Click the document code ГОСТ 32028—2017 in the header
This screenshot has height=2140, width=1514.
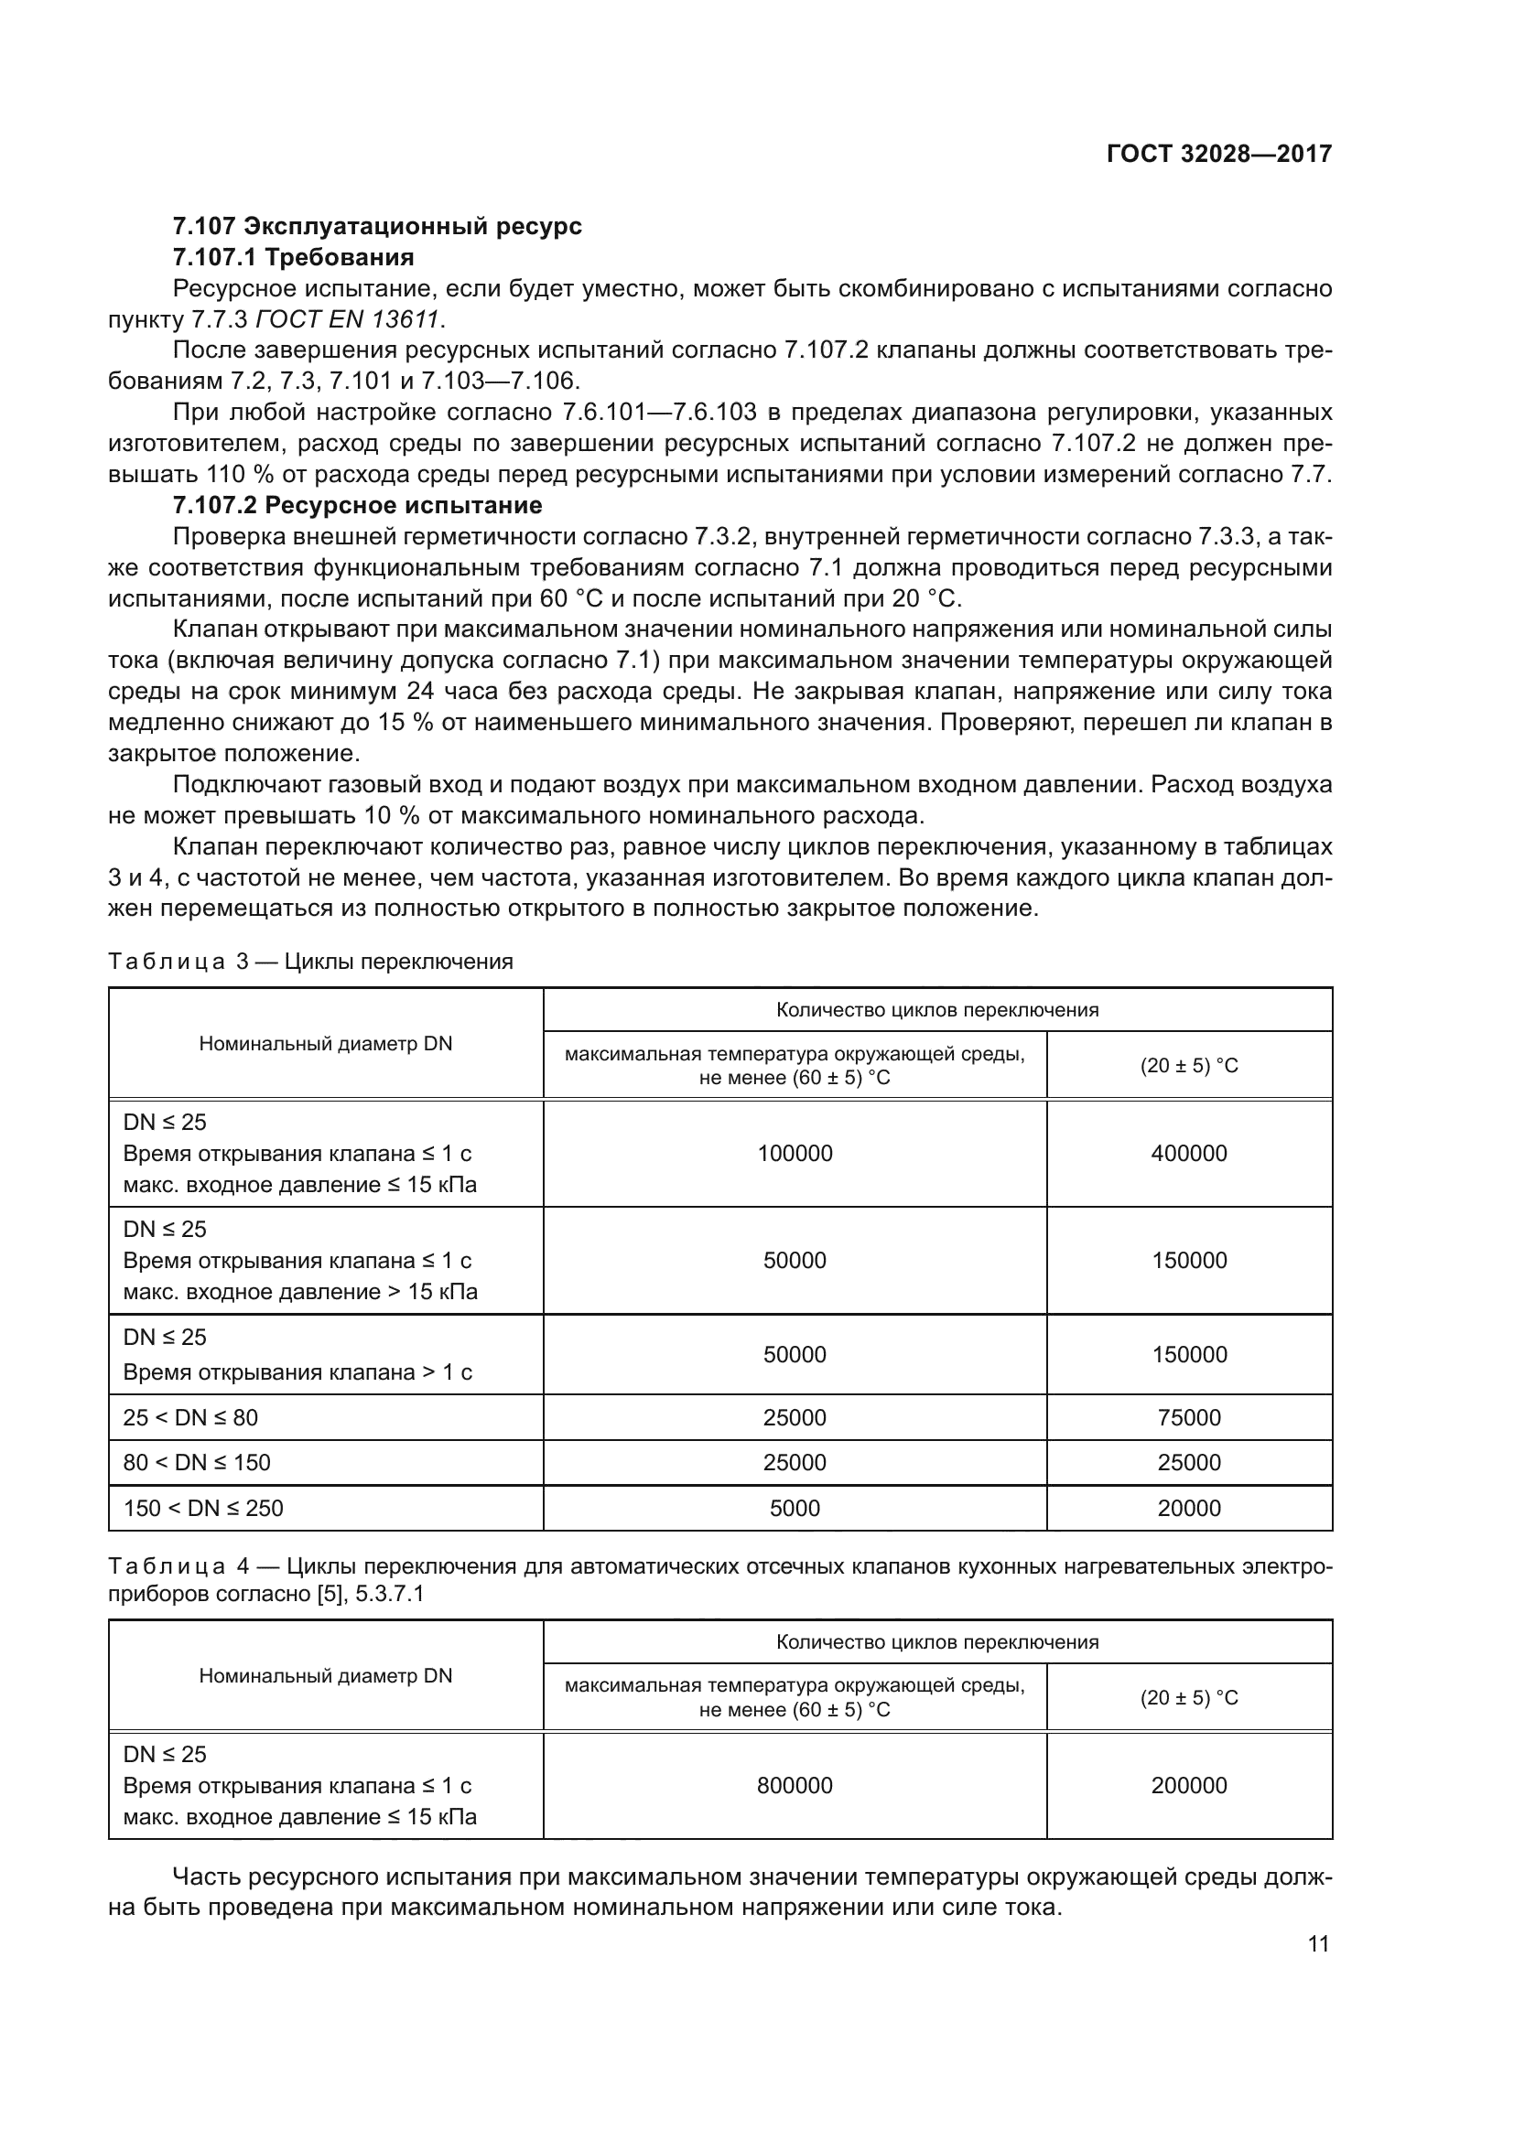click(x=1218, y=155)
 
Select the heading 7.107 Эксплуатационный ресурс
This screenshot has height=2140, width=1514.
click(x=376, y=226)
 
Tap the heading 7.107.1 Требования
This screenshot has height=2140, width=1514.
click(x=293, y=256)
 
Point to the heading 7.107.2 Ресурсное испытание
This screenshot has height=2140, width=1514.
click(x=357, y=505)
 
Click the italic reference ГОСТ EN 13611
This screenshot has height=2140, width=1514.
click(x=347, y=318)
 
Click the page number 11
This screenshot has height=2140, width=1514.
click(x=1318, y=1943)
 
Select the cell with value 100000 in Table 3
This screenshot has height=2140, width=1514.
click(x=795, y=1153)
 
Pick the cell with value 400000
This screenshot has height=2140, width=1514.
click(x=1189, y=1153)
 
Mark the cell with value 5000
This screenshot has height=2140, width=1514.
click(x=795, y=1508)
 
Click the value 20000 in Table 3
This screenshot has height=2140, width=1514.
click(x=1189, y=1508)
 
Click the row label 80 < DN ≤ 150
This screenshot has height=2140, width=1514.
click(x=197, y=1462)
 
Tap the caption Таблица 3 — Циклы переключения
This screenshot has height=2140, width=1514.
click(x=310, y=961)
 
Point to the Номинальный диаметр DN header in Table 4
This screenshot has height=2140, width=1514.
click(x=325, y=1675)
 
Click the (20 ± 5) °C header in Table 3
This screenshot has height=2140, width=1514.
click(x=1189, y=1065)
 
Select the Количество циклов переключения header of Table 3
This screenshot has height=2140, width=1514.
click(x=937, y=1009)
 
